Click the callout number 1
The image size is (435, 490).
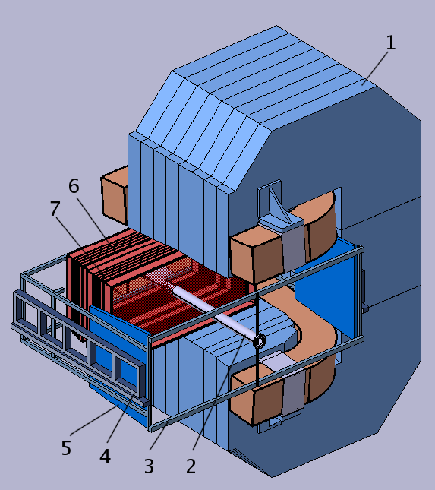(x=390, y=43)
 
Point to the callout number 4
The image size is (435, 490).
(x=105, y=457)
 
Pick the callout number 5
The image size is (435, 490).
(x=66, y=448)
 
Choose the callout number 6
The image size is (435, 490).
(x=74, y=186)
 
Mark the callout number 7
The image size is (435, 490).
(x=55, y=209)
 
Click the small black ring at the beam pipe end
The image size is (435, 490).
(x=260, y=342)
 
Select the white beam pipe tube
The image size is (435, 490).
(x=205, y=308)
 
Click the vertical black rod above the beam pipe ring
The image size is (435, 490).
(x=258, y=311)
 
